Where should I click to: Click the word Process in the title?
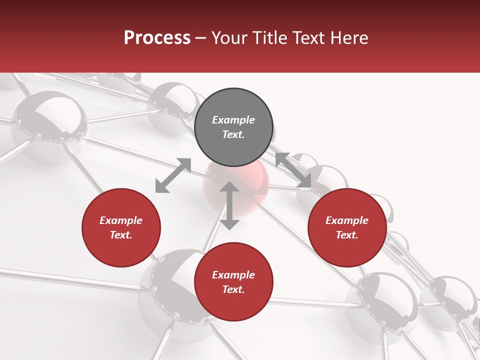pyautogui.click(x=157, y=38)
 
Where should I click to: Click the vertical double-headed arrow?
pyautogui.click(x=229, y=205)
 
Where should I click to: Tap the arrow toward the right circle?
pyautogui.click(x=293, y=170)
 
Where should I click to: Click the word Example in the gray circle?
pyautogui.click(x=233, y=120)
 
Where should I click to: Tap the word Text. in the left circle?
pyautogui.click(x=121, y=235)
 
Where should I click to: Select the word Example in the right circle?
pyautogui.click(x=347, y=220)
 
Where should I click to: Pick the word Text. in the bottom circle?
pyautogui.click(x=233, y=289)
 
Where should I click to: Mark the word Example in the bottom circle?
pyautogui.click(x=233, y=275)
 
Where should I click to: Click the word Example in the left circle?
pyautogui.click(x=121, y=220)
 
